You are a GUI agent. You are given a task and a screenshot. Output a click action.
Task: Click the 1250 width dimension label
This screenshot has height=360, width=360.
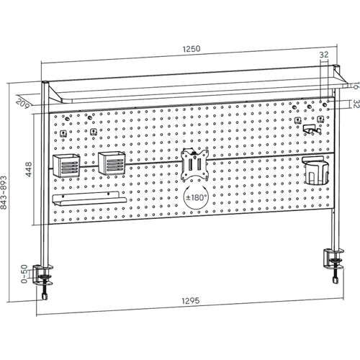(192, 49)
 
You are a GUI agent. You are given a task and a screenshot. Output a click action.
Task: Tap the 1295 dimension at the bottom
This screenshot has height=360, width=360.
(191, 300)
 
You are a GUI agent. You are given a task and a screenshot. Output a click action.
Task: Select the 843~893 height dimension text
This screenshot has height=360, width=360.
(4, 192)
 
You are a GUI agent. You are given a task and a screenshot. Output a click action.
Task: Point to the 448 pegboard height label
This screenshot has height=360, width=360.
(28, 169)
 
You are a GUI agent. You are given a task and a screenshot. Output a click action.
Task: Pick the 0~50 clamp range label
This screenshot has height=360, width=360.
(24, 274)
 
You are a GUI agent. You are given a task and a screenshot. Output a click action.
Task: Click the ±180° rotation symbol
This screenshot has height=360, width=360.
(197, 197)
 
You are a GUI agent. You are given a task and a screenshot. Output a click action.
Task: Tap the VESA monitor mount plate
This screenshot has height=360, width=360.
(194, 164)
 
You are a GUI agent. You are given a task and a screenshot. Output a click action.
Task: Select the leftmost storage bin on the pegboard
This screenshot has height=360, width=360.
(66, 166)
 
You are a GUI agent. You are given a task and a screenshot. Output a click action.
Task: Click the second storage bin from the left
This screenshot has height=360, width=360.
(112, 163)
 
